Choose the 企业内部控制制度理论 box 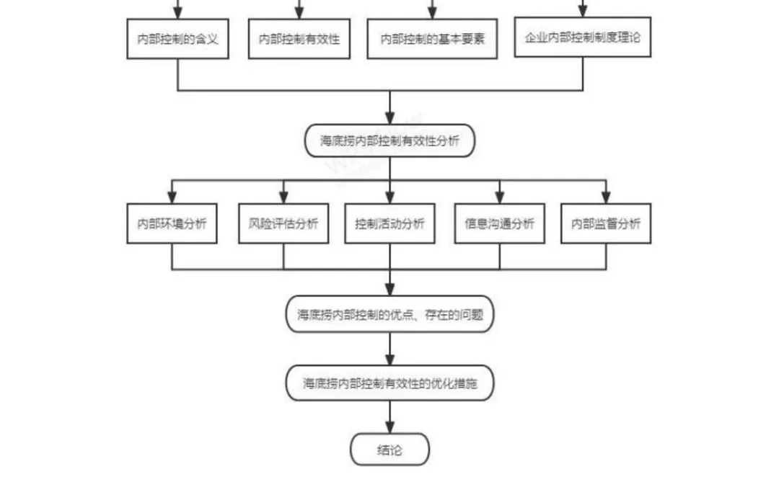(x=583, y=37)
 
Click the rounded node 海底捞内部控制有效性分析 (x=389, y=141)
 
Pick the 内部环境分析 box (x=172, y=223)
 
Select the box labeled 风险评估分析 (x=283, y=223)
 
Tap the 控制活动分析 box (x=389, y=223)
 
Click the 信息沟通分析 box (x=499, y=223)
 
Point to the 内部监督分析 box (x=606, y=223)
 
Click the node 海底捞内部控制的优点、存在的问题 (x=389, y=314)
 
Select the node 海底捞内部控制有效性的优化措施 (x=389, y=383)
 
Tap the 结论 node (x=389, y=450)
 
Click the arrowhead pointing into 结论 (x=389, y=428)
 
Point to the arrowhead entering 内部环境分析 (x=172, y=197)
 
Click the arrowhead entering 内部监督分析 (x=606, y=197)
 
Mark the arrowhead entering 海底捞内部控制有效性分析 (x=389, y=118)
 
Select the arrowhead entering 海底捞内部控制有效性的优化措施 (x=389, y=360)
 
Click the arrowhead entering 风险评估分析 (x=283, y=197)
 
